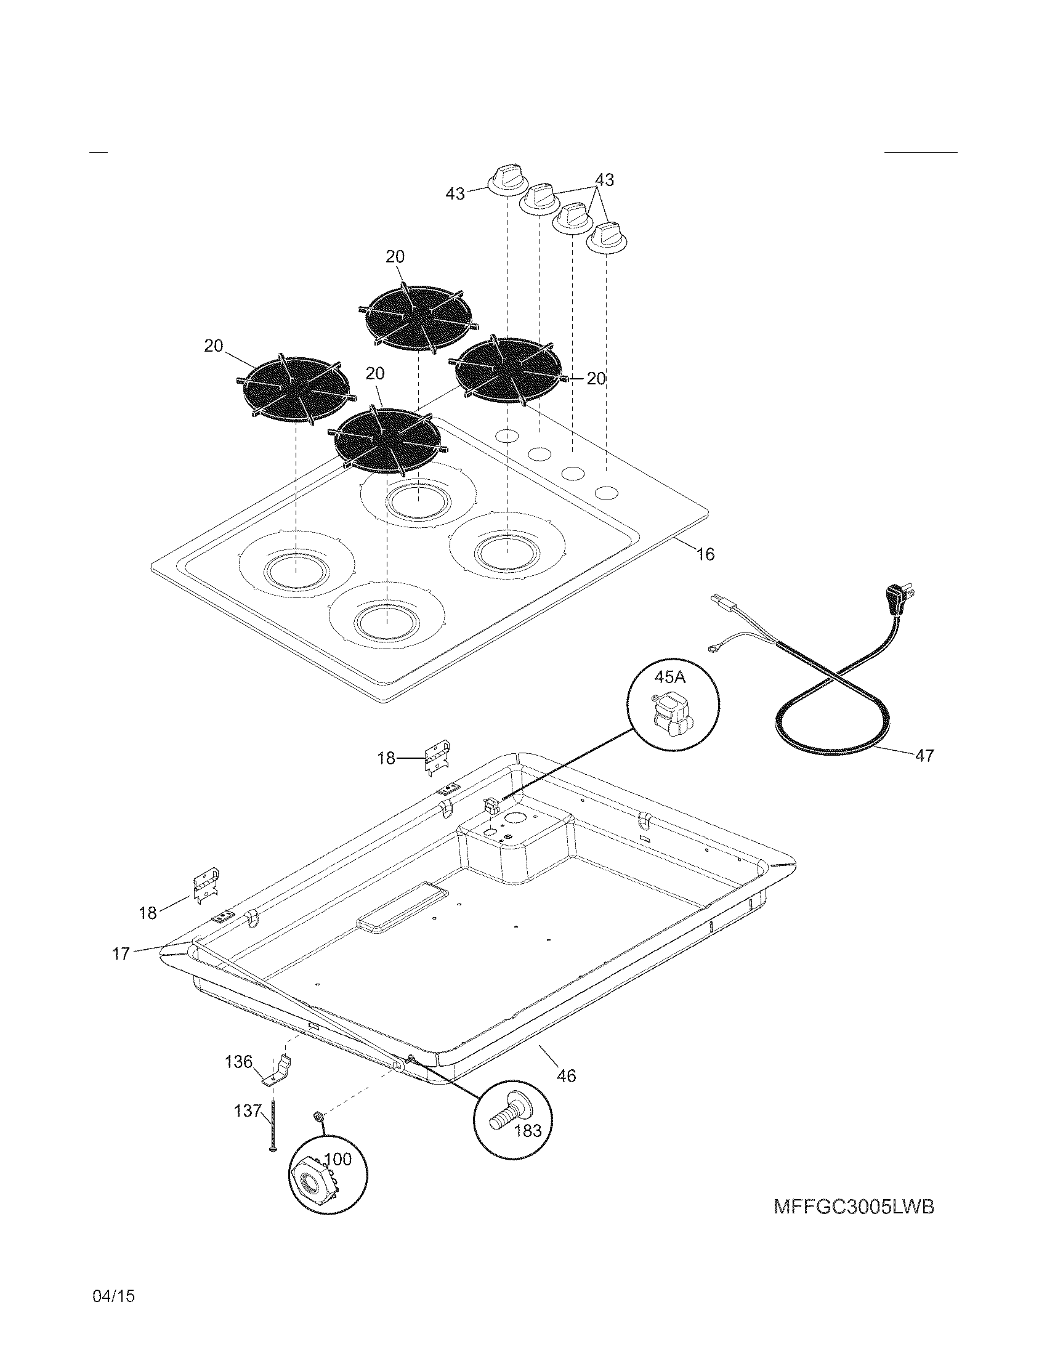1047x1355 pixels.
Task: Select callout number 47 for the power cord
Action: coord(924,756)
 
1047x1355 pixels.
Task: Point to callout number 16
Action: coord(705,554)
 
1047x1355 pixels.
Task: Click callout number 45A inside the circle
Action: coord(671,677)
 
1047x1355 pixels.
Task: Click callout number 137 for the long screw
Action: coord(248,1110)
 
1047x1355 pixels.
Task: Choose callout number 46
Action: coord(567,1075)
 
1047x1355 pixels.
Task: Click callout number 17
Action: coord(120,953)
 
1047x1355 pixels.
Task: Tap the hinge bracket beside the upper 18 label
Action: coord(438,757)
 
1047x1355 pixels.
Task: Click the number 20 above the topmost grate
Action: coord(395,256)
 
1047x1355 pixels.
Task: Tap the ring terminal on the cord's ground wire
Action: coord(713,649)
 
